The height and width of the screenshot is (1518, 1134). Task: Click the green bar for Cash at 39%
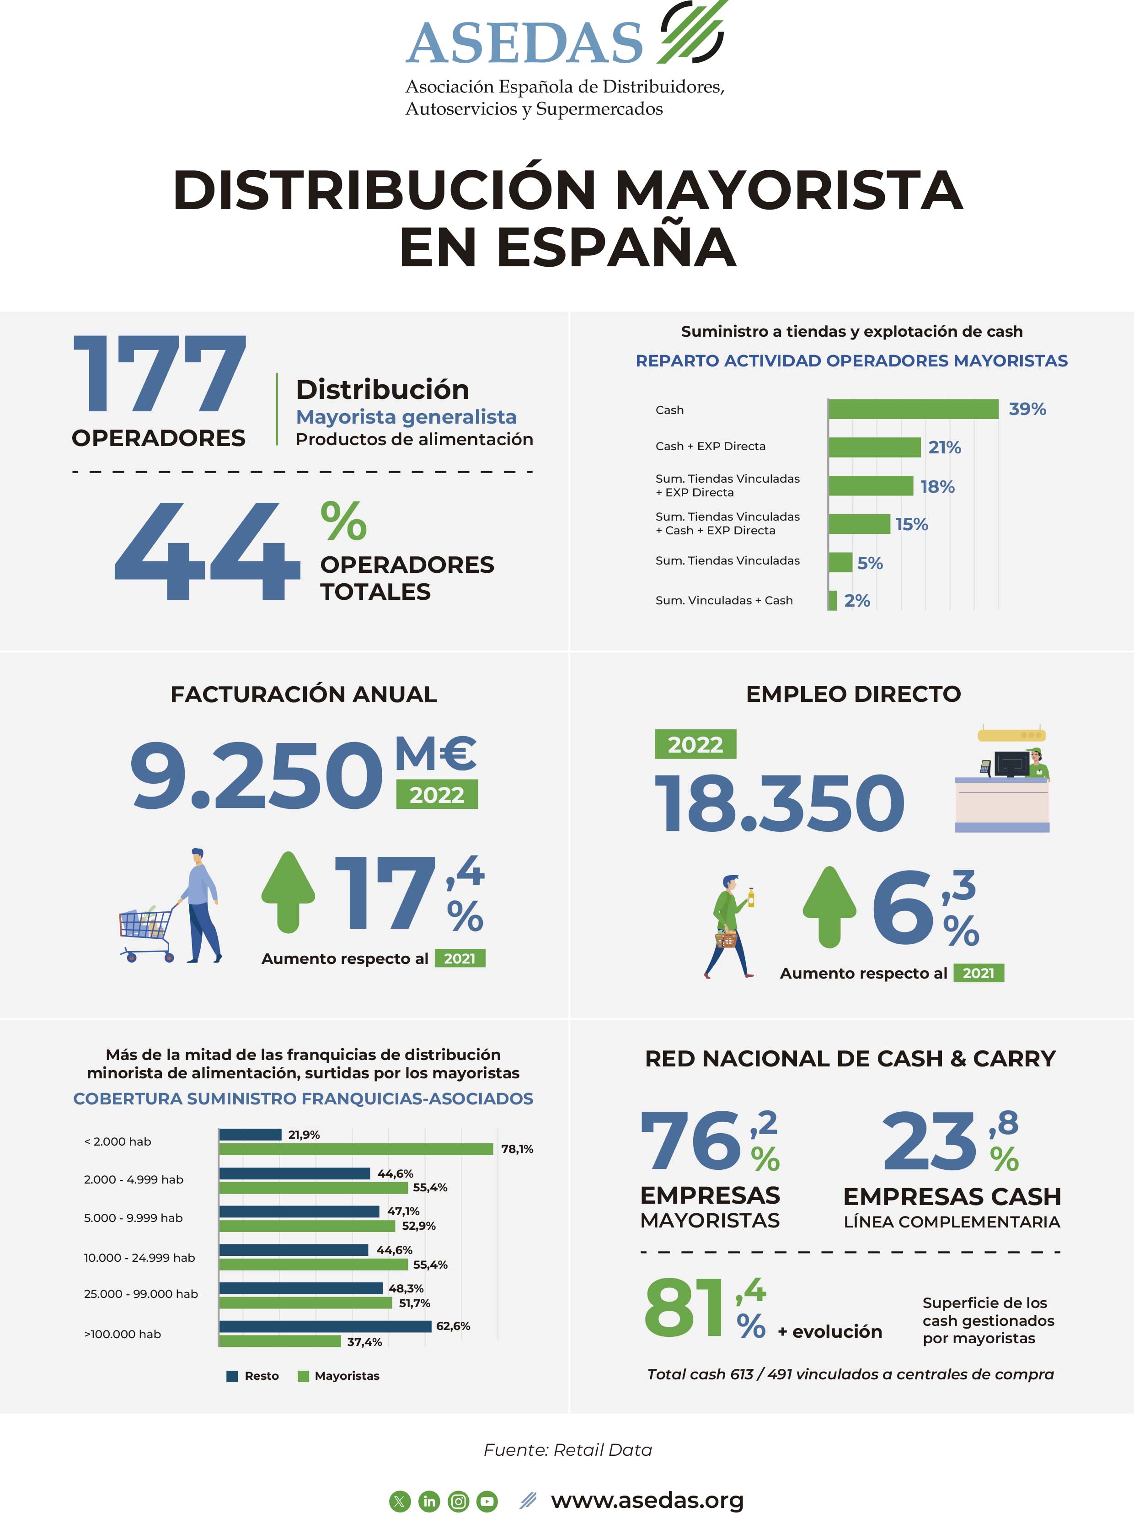(x=913, y=409)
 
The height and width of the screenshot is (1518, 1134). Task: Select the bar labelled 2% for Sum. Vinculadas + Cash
(x=832, y=600)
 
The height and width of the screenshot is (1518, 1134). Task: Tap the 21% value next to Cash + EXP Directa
(x=945, y=447)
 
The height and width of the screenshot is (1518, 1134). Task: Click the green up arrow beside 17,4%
(x=288, y=892)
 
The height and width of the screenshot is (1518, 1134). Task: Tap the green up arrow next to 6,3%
(x=829, y=907)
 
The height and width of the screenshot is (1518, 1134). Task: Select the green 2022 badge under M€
(x=437, y=795)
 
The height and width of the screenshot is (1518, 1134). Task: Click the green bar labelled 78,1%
(x=356, y=1149)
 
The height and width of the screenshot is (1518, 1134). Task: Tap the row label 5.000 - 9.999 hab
(x=133, y=1218)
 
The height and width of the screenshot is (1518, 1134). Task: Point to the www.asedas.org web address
(x=647, y=1500)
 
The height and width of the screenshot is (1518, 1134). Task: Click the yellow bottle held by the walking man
(x=751, y=897)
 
